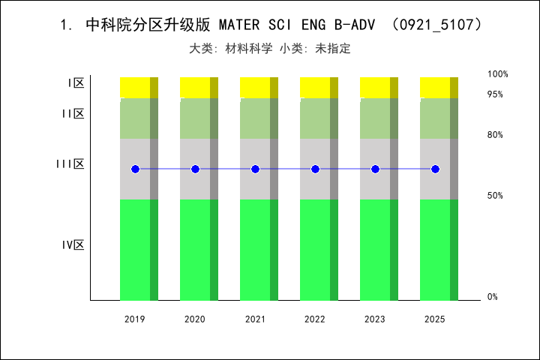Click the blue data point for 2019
coord(135,169)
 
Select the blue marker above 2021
coord(255,169)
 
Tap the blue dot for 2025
coord(435,169)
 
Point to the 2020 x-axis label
coord(195,319)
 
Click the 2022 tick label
coord(315,319)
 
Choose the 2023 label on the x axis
coord(375,319)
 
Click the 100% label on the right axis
coord(498,74)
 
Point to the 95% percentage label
coord(495,94)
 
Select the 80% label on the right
coord(495,135)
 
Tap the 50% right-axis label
coord(495,196)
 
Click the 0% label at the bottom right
coord(493,297)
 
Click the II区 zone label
coord(73,113)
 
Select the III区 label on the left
coord(70,163)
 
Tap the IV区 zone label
coord(73,244)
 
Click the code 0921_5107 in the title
coord(438,25)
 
